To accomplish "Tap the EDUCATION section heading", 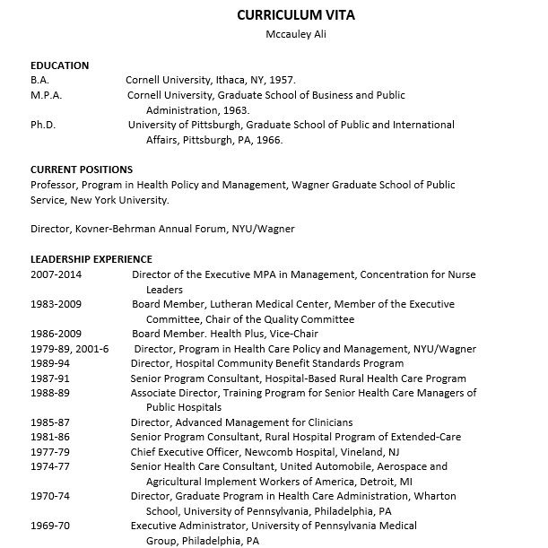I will [59, 65].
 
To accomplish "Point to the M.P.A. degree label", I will [46, 95].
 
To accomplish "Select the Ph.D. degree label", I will [43, 125].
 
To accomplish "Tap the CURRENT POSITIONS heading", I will [81, 170].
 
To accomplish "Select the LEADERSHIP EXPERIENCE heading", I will [91, 259].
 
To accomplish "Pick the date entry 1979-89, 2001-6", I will [69, 349].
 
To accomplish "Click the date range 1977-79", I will [49, 451].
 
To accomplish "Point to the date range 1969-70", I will [49, 526].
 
